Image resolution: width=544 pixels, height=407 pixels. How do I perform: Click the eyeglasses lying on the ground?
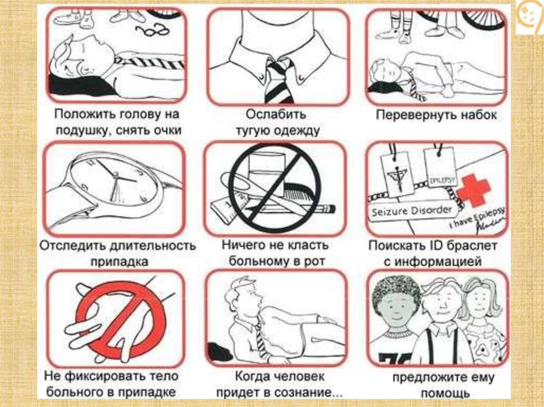152,30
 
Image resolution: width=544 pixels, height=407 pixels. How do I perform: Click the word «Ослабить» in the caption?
276,114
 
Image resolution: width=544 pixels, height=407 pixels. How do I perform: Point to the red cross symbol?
473,190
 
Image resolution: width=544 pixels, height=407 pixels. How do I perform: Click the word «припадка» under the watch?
120,262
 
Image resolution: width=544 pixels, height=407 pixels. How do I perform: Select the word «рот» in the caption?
314,262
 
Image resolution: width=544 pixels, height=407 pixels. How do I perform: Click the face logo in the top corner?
530,18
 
